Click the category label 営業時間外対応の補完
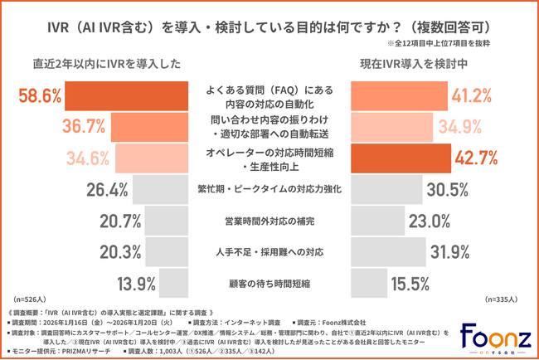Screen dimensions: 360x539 (x=269, y=221)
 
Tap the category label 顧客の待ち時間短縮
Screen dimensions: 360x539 (x=269, y=284)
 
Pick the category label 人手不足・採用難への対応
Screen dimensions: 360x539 (x=269, y=253)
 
